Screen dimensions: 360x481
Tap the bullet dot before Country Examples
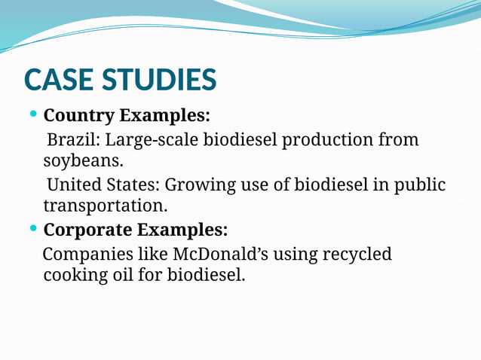pos(32,114)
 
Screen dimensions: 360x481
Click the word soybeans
pos(81,162)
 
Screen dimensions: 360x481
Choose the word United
pos(75,185)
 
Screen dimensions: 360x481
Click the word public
pos(421,185)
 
